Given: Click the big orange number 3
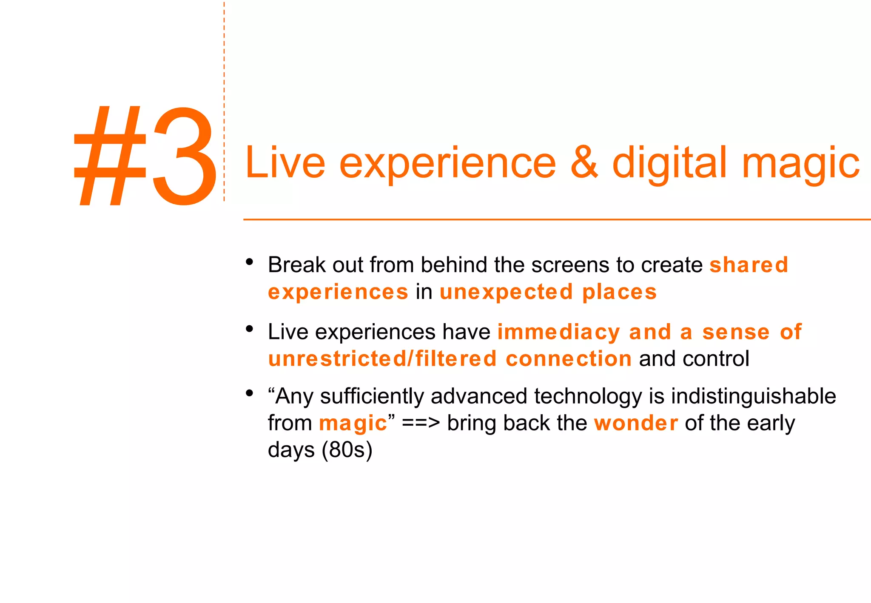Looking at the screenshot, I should (184, 156).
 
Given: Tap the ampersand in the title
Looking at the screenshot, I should (584, 162).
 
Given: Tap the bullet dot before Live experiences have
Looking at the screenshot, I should (250, 329).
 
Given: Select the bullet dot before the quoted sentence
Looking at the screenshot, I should (250, 393).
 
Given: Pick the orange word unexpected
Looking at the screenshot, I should (506, 292).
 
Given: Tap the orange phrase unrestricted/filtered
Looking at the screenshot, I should (382, 358).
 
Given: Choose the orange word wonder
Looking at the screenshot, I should (636, 423).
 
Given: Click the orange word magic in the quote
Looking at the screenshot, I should (353, 424).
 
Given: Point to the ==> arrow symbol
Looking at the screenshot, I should (421, 424).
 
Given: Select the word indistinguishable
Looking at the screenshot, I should (754, 396).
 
